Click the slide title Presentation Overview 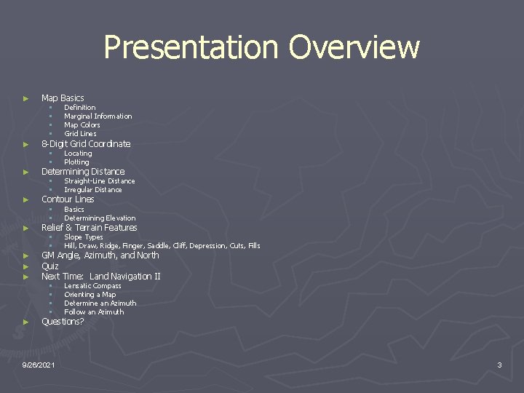[x=261, y=48]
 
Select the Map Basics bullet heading [x=63, y=98]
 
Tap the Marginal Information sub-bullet [x=98, y=116]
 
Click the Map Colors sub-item [x=82, y=125]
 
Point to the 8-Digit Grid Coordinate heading [x=86, y=144]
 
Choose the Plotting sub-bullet [x=76, y=162]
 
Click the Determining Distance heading [x=83, y=172]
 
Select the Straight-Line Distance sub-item [x=99, y=181]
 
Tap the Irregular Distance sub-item [x=93, y=190]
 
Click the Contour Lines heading [x=68, y=199]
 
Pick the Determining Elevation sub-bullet [x=100, y=218]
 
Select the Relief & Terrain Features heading [x=89, y=228]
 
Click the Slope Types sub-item [x=84, y=237]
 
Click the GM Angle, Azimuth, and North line [x=100, y=255]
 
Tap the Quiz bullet [x=50, y=266]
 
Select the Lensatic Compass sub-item [x=92, y=286]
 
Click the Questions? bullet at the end [x=63, y=322]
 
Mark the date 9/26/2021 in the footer [x=42, y=365]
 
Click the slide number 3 [x=499, y=365]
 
